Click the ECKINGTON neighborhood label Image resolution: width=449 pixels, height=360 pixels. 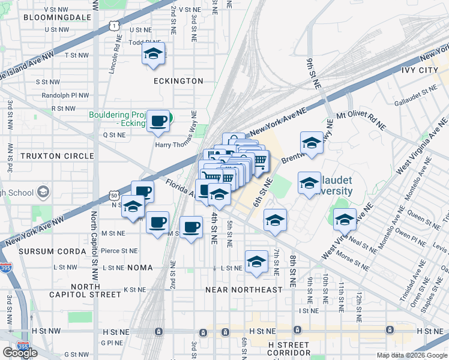tap(178, 80)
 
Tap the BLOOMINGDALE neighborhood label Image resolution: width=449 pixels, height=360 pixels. tap(57, 17)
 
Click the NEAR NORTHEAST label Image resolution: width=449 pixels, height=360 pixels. tap(244, 290)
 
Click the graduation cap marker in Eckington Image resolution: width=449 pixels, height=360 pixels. tap(154, 54)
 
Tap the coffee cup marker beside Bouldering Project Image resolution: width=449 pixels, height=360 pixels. tap(158, 121)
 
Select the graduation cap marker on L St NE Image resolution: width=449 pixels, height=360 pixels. tap(256, 262)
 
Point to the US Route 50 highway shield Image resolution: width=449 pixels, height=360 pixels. tap(115, 195)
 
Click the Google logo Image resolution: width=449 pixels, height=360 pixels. tap(20, 353)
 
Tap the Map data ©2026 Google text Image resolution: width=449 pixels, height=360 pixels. tap(412, 355)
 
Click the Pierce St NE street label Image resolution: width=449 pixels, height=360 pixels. tap(120, 251)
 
